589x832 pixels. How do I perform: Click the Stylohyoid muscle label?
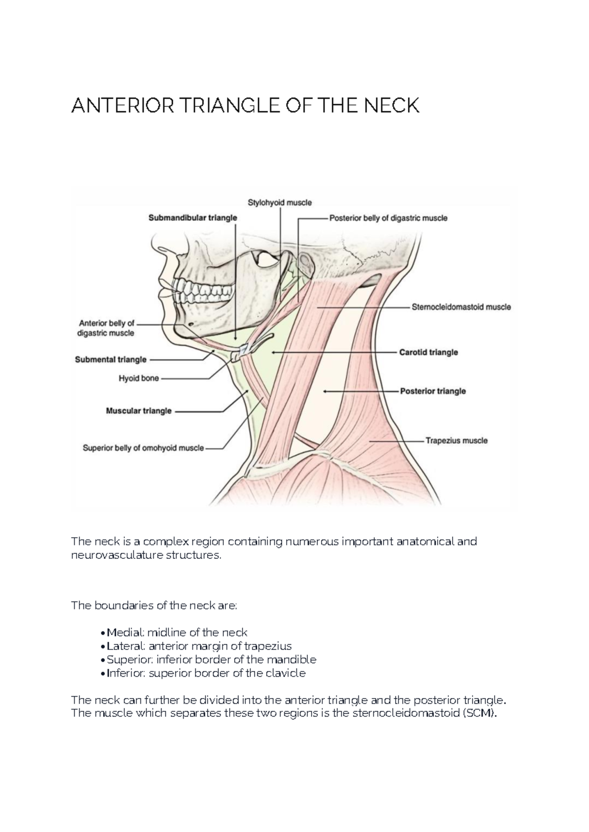tap(279, 203)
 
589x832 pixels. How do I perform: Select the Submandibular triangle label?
tap(193, 218)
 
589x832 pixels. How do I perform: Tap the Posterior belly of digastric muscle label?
tap(388, 218)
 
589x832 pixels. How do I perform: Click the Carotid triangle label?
tap(428, 352)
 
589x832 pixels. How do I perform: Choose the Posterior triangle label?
tap(433, 391)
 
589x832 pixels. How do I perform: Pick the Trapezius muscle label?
tap(456, 441)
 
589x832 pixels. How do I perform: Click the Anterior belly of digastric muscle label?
tap(106, 328)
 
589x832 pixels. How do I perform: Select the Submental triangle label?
tap(110, 360)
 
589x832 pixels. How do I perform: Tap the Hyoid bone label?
tap(138, 379)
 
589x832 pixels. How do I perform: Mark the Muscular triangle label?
tap(139, 411)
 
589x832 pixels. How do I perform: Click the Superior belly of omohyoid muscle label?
tap(143, 448)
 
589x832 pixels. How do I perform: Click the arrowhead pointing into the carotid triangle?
tap(272, 352)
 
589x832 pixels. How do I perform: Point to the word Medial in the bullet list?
tap(122, 633)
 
